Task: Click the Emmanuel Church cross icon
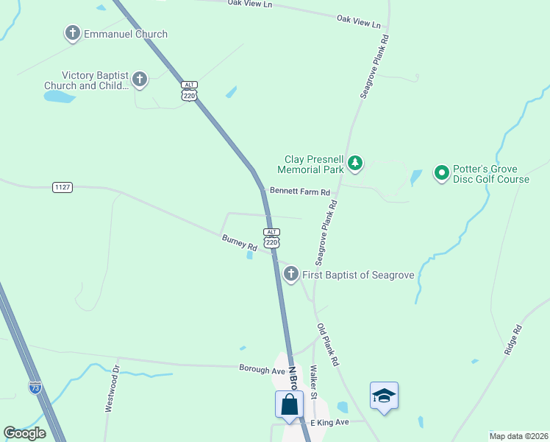coord(72,34)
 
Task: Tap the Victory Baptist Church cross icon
coord(140,79)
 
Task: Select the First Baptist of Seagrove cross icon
coord(291,275)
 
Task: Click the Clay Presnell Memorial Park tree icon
coord(355,163)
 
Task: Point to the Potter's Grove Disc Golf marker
coord(442,173)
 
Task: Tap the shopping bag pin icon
coord(290,405)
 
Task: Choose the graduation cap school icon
coord(384,396)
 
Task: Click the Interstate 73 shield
coord(35,386)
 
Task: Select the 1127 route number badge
coord(63,188)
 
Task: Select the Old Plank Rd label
coord(328,345)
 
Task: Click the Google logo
coord(24,433)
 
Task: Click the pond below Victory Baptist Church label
coord(59,97)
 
